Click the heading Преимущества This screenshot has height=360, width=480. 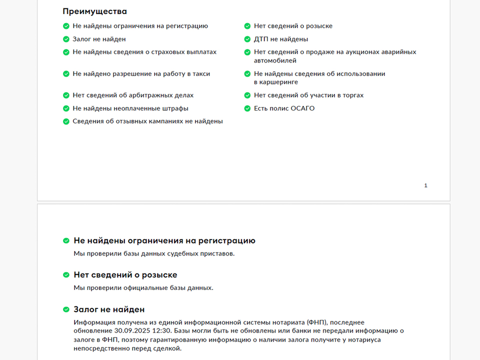pyautogui.click(x=94, y=11)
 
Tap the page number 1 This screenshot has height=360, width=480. pyautogui.click(x=425, y=185)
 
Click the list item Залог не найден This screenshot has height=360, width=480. pyautogui.click(x=99, y=39)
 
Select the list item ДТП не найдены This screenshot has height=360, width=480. pyautogui.click(x=280, y=39)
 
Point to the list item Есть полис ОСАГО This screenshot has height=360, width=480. pyautogui.click(x=284, y=108)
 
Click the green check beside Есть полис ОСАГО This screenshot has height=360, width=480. pyautogui.click(x=247, y=108)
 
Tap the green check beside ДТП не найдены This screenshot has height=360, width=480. pyautogui.click(x=247, y=39)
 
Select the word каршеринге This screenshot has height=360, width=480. pyautogui.click(x=276, y=82)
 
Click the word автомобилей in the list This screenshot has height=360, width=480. pyautogui.click(x=275, y=60)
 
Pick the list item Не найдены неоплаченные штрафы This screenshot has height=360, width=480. pyautogui.click(x=130, y=108)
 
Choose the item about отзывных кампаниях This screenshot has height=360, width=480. pyautogui.click(x=147, y=121)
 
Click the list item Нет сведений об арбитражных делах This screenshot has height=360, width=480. pyautogui.click(x=133, y=95)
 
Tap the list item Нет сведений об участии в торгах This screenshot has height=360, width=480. pyautogui.click(x=308, y=95)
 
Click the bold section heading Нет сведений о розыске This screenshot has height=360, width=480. pyautogui.click(x=125, y=275)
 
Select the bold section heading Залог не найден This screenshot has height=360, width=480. pyautogui.click(x=109, y=309)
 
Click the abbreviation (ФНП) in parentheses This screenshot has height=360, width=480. pyautogui.click(x=317, y=322)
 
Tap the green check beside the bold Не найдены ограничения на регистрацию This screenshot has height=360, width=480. pyautogui.click(x=66, y=240)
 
